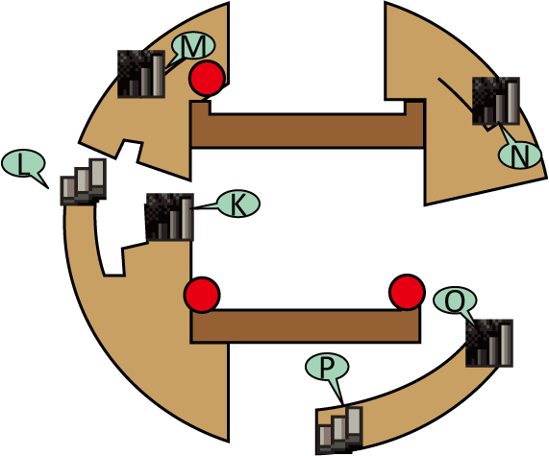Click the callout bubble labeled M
click(193, 46)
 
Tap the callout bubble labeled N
click(520, 156)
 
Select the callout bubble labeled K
click(238, 204)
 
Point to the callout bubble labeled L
click(23, 163)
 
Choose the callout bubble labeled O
click(455, 300)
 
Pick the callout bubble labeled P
click(327, 367)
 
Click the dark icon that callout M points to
click(141, 74)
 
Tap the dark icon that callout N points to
click(496, 101)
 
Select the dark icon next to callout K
click(169, 217)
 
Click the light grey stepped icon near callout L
click(84, 181)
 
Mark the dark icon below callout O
click(489, 343)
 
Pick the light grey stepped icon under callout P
click(339, 430)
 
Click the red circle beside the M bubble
click(207, 79)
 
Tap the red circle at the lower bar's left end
click(202, 295)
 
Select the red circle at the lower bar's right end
click(407, 292)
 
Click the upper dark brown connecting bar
click(308, 131)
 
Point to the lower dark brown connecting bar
click(306, 325)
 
